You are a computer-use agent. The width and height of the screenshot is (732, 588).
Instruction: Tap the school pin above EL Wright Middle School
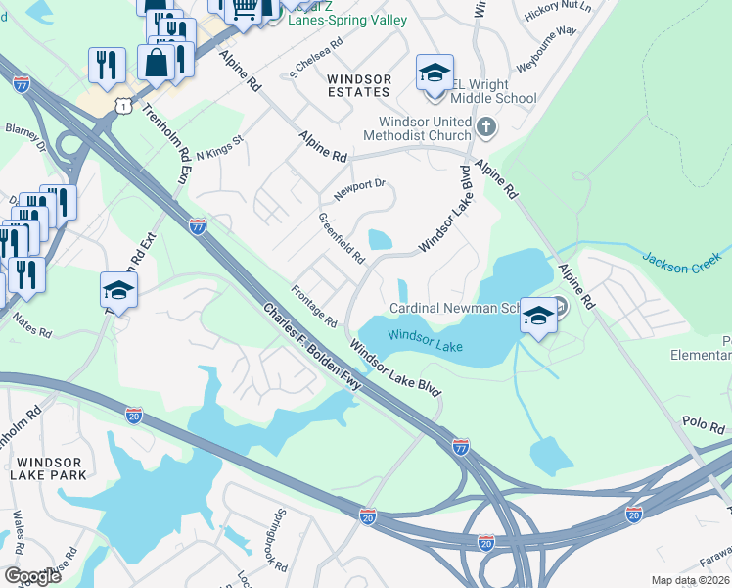(434, 74)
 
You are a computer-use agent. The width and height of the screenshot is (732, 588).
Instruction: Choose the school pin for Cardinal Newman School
(537, 316)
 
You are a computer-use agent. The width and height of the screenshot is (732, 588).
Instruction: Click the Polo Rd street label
(704, 428)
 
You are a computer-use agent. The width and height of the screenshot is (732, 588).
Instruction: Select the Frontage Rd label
(314, 307)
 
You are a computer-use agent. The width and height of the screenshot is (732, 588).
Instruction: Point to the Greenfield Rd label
(342, 239)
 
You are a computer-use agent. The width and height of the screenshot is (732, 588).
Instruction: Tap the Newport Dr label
(360, 189)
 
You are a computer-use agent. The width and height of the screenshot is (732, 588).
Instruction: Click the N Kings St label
(219, 153)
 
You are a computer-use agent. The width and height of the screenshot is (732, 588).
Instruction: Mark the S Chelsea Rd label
(316, 59)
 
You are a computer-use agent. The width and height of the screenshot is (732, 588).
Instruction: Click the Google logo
(33, 576)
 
